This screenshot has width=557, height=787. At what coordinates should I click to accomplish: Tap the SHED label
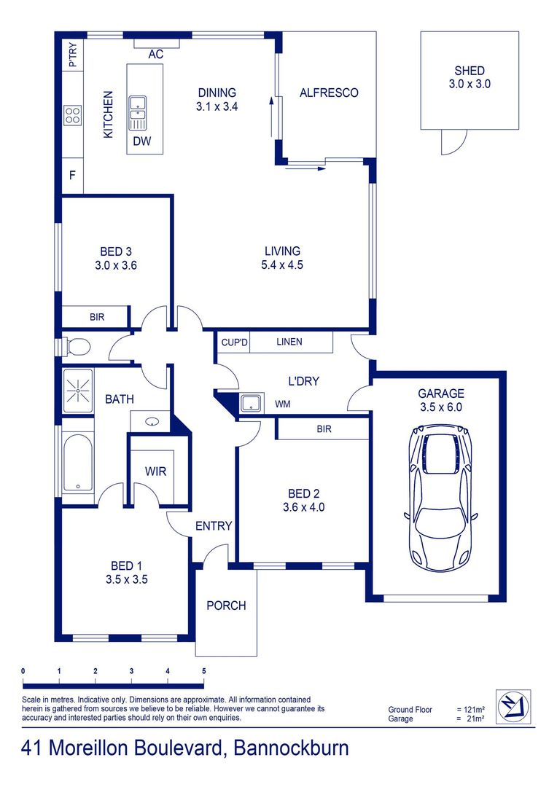(x=470, y=71)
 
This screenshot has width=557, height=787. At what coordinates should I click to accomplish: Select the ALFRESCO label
(x=330, y=93)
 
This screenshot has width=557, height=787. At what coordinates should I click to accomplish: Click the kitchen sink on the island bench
(x=139, y=110)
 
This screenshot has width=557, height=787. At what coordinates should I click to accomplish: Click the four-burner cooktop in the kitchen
(x=72, y=115)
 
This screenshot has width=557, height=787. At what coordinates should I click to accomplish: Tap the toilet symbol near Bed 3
(x=77, y=345)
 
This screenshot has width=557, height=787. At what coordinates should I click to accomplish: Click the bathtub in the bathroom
(x=77, y=463)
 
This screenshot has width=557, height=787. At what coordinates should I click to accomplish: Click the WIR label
(x=156, y=471)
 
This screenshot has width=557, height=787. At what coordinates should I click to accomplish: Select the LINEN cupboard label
(x=289, y=342)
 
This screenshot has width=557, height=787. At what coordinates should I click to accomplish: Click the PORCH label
(x=226, y=606)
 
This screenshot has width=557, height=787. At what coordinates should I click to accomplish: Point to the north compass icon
(x=513, y=706)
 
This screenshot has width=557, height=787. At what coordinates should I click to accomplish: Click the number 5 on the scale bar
(x=204, y=670)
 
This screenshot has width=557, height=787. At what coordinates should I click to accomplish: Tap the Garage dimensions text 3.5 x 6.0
(x=441, y=407)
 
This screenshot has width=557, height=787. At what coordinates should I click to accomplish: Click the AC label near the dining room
(x=155, y=55)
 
